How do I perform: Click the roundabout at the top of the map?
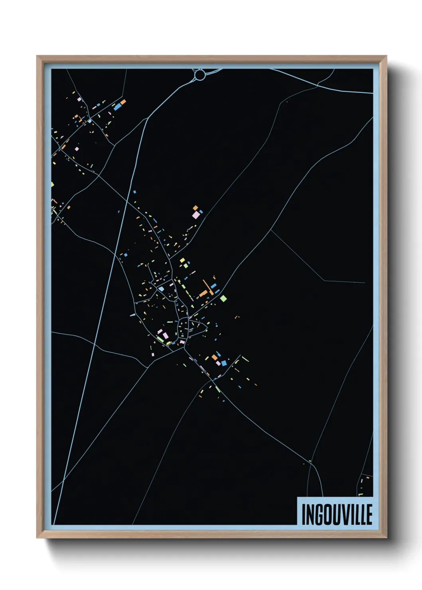click(x=200, y=75)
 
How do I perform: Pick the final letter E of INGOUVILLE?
click(x=369, y=515)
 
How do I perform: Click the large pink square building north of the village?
click(x=196, y=215)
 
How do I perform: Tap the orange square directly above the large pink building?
click(x=195, y=208)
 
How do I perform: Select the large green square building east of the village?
click(x=223, y=298)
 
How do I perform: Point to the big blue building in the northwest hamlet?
click(x=117, y=107)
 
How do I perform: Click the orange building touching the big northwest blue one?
click(x=123, y=102)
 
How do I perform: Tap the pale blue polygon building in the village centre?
click(x=161, y=289)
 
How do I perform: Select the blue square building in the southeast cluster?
click(x=224, y=363)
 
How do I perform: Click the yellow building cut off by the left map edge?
click(x=52, y=184)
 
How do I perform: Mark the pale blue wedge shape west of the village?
click(x=132, y=315)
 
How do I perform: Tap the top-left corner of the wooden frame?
click(x=37, y=57)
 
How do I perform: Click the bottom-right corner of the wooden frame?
click(x=387, y=538)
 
